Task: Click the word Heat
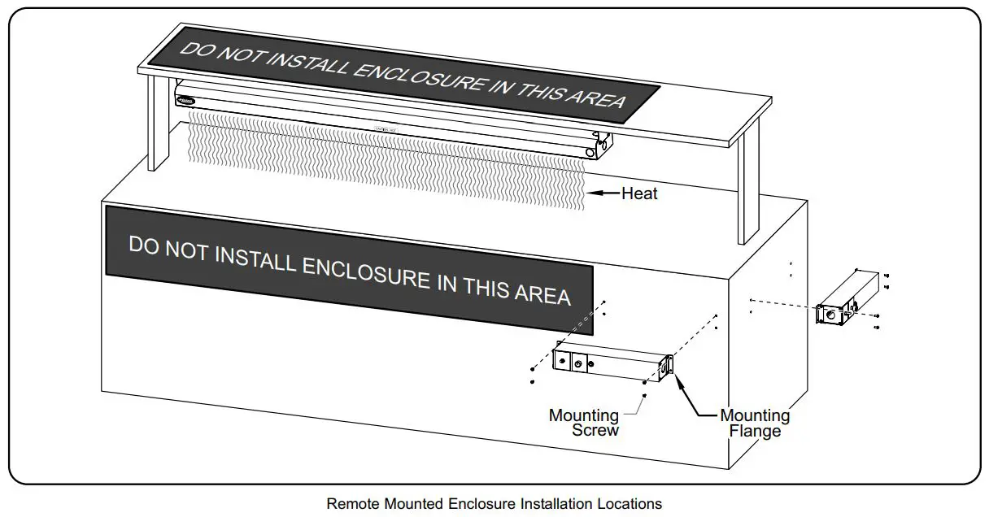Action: coord(639,193)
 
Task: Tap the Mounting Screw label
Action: coord(583,423)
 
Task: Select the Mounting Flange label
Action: coord(755,424)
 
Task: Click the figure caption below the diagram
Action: coord(494,504)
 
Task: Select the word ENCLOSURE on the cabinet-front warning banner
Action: coord(365,270)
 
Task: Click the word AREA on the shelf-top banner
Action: coord(595,98)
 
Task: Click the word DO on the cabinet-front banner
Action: coord(143,245)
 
